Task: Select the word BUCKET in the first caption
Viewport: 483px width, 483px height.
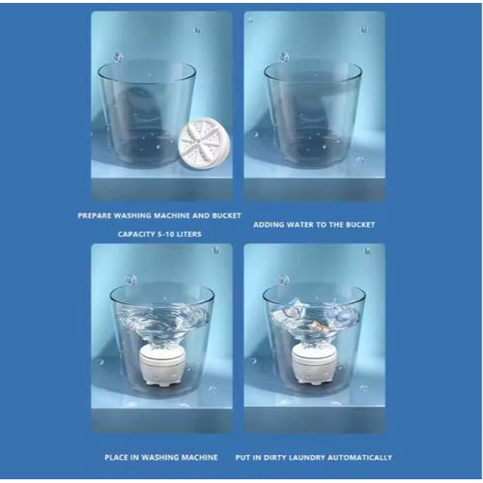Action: pos(226,215)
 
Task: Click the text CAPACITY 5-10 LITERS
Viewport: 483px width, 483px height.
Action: pos(159,234)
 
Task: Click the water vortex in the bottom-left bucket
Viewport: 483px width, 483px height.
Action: pos(162,322)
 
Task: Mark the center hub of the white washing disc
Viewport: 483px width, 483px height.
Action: pos(199,140)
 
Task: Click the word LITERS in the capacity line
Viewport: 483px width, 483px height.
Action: pos(188,234)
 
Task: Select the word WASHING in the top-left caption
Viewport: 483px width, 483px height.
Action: pos(132,215)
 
